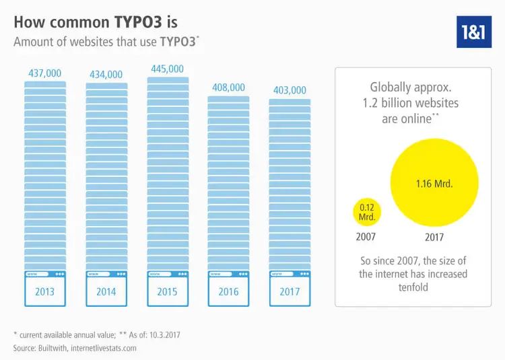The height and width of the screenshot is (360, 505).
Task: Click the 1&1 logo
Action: [474, 30]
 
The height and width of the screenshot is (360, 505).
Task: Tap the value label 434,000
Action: [106, 74]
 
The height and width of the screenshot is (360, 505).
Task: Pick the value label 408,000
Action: [228, 87]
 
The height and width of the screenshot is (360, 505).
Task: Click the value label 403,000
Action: [290, 90]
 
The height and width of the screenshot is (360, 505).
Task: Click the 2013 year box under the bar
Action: [45, 292]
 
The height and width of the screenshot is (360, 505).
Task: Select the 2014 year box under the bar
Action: [106, 292]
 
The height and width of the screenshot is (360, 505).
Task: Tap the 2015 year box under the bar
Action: [168, 292]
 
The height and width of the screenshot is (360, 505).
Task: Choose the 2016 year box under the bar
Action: [229, 292]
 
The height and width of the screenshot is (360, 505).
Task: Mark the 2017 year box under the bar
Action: [290, 292]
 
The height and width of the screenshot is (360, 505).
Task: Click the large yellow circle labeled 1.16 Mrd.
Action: [434, 183]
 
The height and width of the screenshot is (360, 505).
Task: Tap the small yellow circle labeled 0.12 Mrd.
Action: [367, 212]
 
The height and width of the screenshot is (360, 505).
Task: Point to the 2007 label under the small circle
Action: [366, 237]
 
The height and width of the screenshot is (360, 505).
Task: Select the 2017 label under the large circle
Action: [434, 238]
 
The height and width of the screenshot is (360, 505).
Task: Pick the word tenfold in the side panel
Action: [413, 287]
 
